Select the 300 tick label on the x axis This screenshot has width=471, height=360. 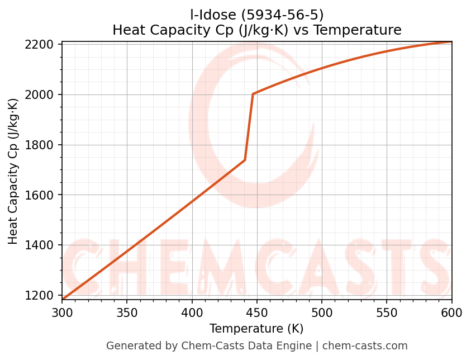(x=62, y=312)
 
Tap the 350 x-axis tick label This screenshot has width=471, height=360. (x=127, y=312)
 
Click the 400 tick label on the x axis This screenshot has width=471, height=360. (x=192, y=312)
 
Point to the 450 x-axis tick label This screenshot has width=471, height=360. (x=257, y=312)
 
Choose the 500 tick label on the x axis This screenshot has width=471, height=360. (x=322, y=312)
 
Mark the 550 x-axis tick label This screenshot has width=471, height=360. (x=387, y=312)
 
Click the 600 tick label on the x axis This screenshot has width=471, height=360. (x=451, y=312)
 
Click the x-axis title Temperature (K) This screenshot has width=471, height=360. (x=256, y=329)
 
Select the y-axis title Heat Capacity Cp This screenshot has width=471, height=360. (x=13, y=171)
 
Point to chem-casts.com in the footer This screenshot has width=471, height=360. (x=365, y=346)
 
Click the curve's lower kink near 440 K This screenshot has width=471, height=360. (x=245, y=160)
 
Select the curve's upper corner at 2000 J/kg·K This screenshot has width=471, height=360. (x=253, y=94)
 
